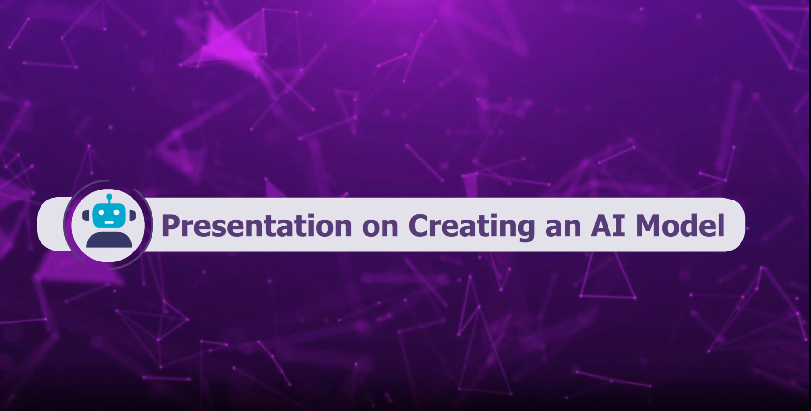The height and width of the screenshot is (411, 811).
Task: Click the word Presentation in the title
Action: click(257, 225)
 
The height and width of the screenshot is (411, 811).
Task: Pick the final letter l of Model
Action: click(721, 225)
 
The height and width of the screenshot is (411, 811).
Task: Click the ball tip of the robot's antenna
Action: click(109, 197)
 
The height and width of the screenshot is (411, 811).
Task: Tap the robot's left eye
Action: click(102, 213)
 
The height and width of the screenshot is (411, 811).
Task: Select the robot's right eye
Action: click(116, 213)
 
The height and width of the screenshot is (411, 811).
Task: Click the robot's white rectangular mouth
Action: click(109, 222)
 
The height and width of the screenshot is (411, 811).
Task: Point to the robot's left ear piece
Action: click(86, 215)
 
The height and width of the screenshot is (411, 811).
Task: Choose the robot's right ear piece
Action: click(132, 215)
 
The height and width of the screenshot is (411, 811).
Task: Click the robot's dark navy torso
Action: click(109, 240)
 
